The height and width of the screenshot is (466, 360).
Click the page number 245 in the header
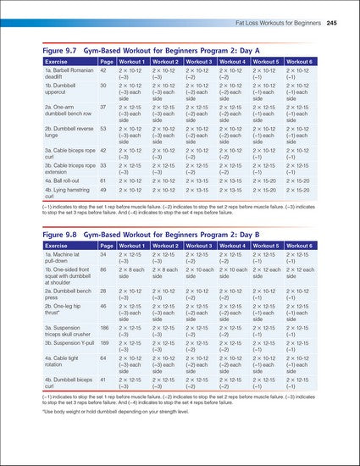[x=332, y=21]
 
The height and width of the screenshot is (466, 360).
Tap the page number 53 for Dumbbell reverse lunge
[x=103, y=129]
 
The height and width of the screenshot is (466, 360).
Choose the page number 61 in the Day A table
[x=103, y=180]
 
